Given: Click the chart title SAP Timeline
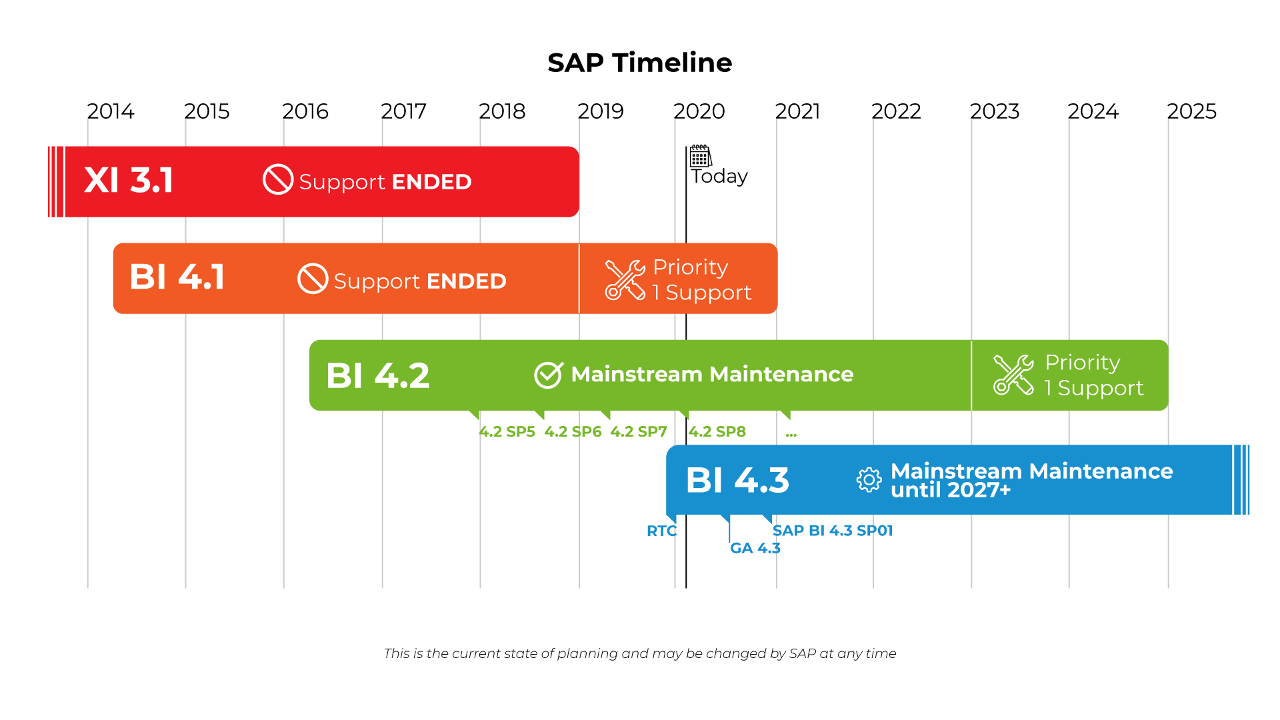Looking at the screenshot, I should coord(639,63).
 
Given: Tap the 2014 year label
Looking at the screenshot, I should coord(111,111).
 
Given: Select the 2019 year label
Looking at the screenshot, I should coord(601,111).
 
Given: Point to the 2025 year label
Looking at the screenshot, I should coord(1191,111).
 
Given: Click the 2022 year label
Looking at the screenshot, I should coord(896,111).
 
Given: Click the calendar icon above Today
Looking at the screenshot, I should coord(700,156).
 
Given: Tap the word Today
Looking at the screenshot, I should coord(719,176).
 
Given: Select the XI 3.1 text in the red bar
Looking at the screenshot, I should coord(129,181).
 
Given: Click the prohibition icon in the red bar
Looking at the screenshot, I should coord(278,179).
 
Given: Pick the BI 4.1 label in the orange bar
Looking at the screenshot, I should coord(177,277).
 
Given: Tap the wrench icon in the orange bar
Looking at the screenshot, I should coord(625,280).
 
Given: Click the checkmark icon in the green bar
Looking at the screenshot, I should coord(549,375).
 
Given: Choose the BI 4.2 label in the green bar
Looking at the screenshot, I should coord(378,375).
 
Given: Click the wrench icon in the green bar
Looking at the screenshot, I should coord(1013,375).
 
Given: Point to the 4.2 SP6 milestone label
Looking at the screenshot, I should coord(573,432).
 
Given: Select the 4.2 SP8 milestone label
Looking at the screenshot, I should coord(717,432).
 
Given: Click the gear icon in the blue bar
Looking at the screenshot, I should coord(869,480).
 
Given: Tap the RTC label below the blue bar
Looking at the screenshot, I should coord(661,531).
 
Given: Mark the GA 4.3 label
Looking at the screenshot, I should coord(755,549).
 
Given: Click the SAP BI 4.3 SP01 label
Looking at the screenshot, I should coord(832,531).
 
